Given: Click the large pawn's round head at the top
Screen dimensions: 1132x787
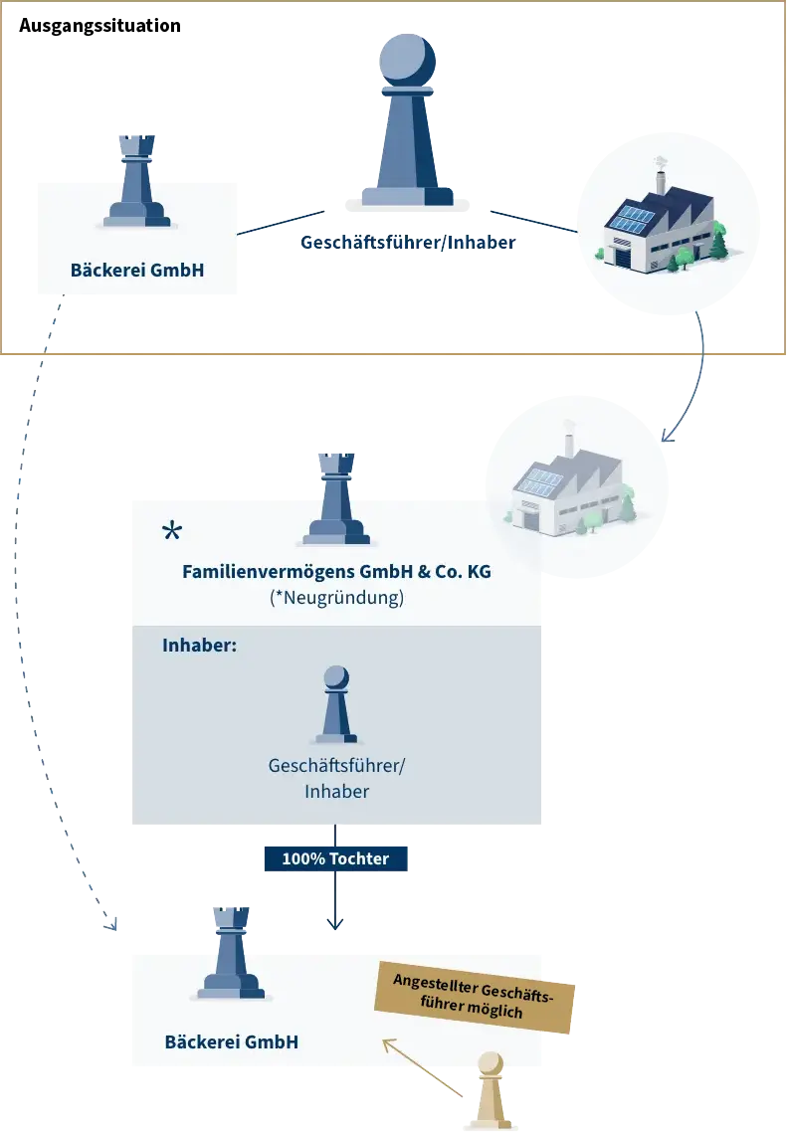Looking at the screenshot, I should point(408,60).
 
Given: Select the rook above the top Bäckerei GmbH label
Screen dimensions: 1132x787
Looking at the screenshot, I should point(137,183).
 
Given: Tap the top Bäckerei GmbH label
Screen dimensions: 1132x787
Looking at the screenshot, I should point(137,270).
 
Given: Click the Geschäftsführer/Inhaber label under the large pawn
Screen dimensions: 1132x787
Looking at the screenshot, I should point(410,244).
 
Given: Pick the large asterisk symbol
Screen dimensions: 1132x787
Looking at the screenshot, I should point(172,532).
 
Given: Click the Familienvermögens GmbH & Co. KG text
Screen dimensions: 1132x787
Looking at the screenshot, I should point(336,572).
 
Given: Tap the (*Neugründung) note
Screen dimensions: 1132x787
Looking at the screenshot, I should point(336,598).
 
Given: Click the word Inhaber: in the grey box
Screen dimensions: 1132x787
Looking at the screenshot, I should point(199,646).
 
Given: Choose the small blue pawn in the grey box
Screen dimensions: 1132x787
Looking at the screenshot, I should point(336,705).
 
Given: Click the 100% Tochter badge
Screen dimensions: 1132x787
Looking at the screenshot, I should point(336,858).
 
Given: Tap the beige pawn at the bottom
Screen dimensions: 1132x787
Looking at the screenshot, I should point(490,1091).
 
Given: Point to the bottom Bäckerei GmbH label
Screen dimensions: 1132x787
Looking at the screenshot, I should point(232,1042).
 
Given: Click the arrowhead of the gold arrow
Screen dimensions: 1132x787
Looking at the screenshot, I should point(388,1043).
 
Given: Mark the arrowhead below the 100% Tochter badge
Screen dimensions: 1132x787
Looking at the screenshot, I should point(336,924).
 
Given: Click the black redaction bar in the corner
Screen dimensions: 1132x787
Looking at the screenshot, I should point(99,24).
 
